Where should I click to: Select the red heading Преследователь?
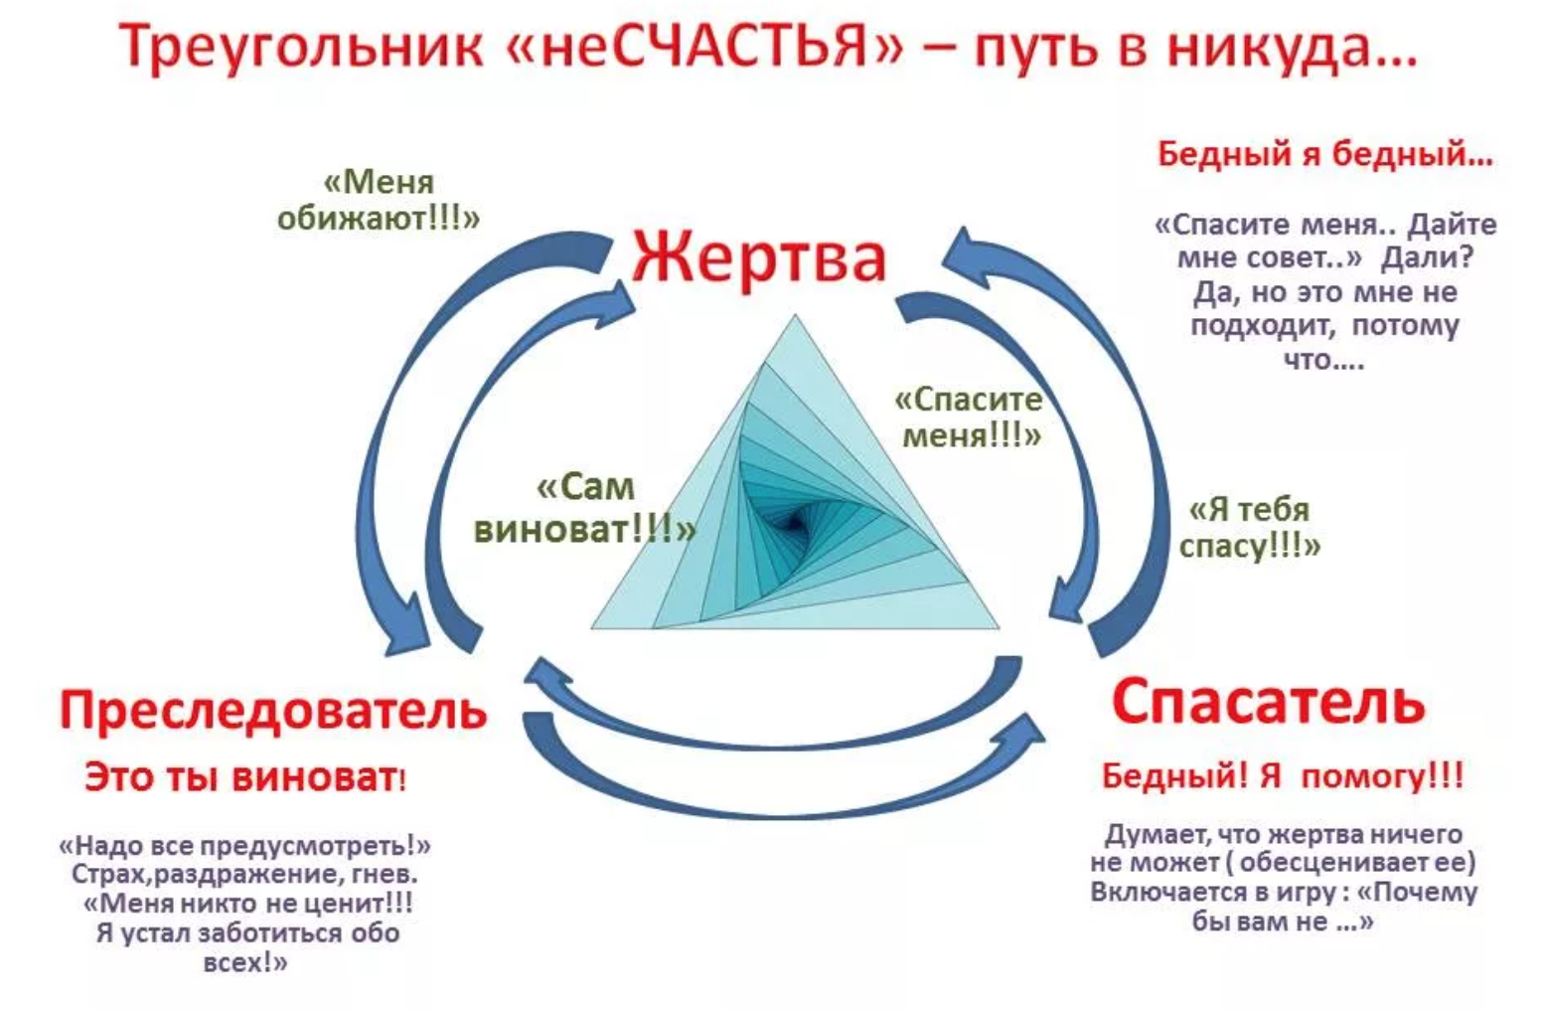coord(273,710)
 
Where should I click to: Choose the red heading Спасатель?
coord(1268,702)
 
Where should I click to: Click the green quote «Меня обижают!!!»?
coord(379,200)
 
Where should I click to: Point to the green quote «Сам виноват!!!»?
coord(584,507)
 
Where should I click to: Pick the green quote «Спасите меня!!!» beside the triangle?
coord(969,417)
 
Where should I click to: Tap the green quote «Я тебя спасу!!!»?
coord(1250,527)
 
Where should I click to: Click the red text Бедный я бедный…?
coord(1324,154)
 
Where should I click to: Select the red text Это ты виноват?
coord(244,776)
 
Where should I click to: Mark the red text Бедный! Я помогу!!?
coord(1282,775)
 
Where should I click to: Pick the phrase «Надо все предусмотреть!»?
coord(244,846)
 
